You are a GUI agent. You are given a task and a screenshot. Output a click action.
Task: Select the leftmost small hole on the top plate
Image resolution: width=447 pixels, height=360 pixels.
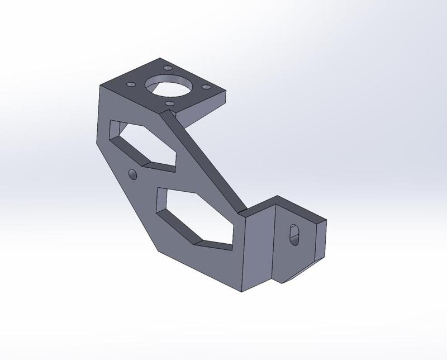point(131,84)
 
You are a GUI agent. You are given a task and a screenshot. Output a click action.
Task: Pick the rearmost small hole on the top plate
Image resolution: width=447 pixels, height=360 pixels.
point(167,68)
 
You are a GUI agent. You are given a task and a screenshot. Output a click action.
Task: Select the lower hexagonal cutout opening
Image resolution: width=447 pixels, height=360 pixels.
point(196,215)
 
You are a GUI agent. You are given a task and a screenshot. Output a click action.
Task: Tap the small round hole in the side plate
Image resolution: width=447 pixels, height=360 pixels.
point(132,175)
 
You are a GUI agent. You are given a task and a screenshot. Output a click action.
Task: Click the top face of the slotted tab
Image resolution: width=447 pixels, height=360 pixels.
point(299,210)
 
